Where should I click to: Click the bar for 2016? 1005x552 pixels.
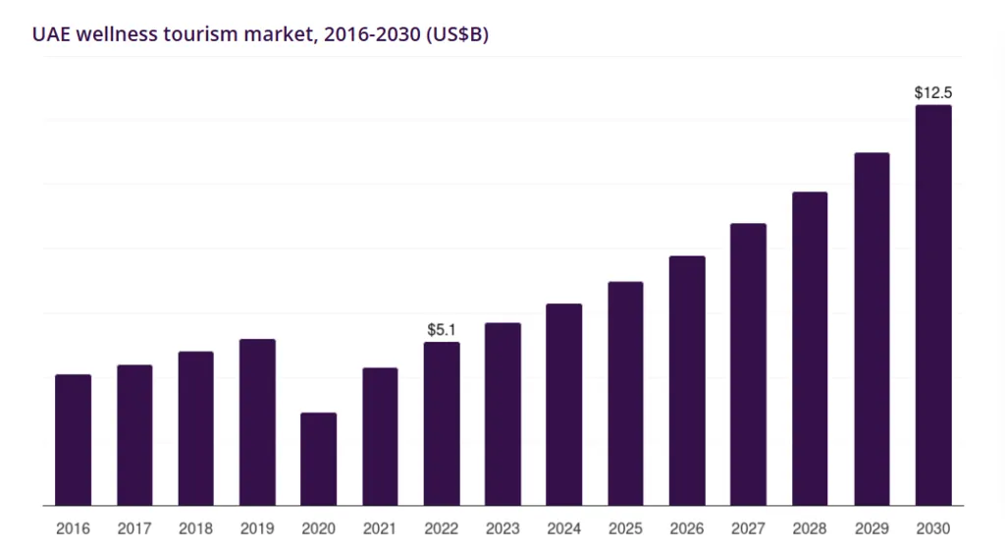click(74, 440)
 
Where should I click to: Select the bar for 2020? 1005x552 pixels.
click(318, 459)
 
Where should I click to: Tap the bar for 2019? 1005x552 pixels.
click(257, 422)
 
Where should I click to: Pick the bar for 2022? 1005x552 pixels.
click(442, 423)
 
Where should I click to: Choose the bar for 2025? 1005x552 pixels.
click(625, 394)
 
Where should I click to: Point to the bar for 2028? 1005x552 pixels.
click(810, 349)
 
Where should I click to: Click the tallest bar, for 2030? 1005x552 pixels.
click(933, 305)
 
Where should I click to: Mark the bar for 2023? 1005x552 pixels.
click(502, 414)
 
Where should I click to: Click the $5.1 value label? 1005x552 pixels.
click(442, 330)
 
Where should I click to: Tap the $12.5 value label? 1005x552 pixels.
click(933, 93)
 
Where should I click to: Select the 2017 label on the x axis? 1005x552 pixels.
click(134, 528)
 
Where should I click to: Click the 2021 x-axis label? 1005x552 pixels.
click(380, 528)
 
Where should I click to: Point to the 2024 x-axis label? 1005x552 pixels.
click(564, 528)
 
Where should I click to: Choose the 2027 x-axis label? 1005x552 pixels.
click(748, 528)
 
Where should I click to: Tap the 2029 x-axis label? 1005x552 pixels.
click(872, 528)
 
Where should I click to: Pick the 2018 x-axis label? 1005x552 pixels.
click(196, 528)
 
